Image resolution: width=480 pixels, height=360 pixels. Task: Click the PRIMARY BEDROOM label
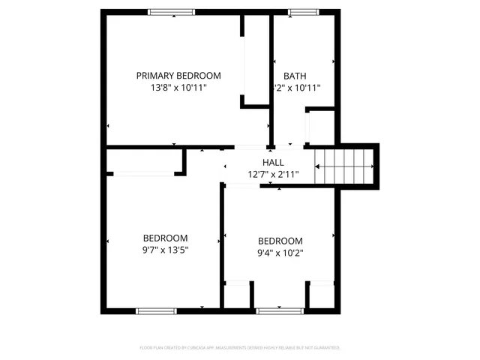178,75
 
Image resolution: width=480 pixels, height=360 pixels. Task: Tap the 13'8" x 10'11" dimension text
178,88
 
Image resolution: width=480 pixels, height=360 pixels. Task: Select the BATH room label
295,75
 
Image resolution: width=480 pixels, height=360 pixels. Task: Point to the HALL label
273,162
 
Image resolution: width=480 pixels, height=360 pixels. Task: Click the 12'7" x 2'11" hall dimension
273,175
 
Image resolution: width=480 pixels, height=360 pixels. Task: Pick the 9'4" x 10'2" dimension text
280,253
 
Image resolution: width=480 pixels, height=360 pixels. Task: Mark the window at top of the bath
301,11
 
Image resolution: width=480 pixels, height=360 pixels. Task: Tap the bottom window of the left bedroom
156,309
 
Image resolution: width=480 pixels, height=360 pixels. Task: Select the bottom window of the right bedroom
279,309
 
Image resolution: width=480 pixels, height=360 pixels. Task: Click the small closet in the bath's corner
321,127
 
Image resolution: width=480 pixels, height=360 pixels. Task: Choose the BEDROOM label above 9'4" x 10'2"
280,241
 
